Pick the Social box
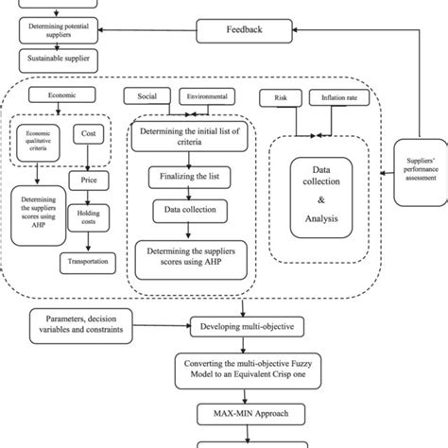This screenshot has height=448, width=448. pos(146,97)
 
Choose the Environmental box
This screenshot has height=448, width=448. pos(205,97)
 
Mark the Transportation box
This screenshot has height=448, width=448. pos(86,262)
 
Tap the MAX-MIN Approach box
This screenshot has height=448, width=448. pos(243,413)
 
